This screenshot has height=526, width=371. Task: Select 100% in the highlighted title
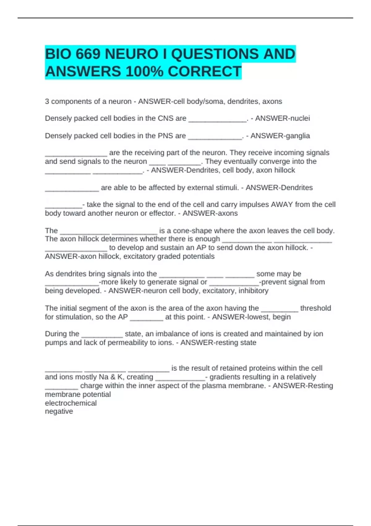[x=144, y=71]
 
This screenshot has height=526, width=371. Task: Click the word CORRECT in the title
[x=204, y=71]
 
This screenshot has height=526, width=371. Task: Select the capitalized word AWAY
[x=282, y=205]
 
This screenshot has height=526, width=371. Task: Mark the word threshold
[x=315, y=308]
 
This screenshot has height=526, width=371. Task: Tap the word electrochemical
[x=71, y=403]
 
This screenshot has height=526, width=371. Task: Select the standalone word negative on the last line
[x=59, y=411]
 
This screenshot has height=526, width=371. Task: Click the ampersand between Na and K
[x=113, y=377]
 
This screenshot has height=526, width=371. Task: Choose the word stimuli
[x=227, y=188]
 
